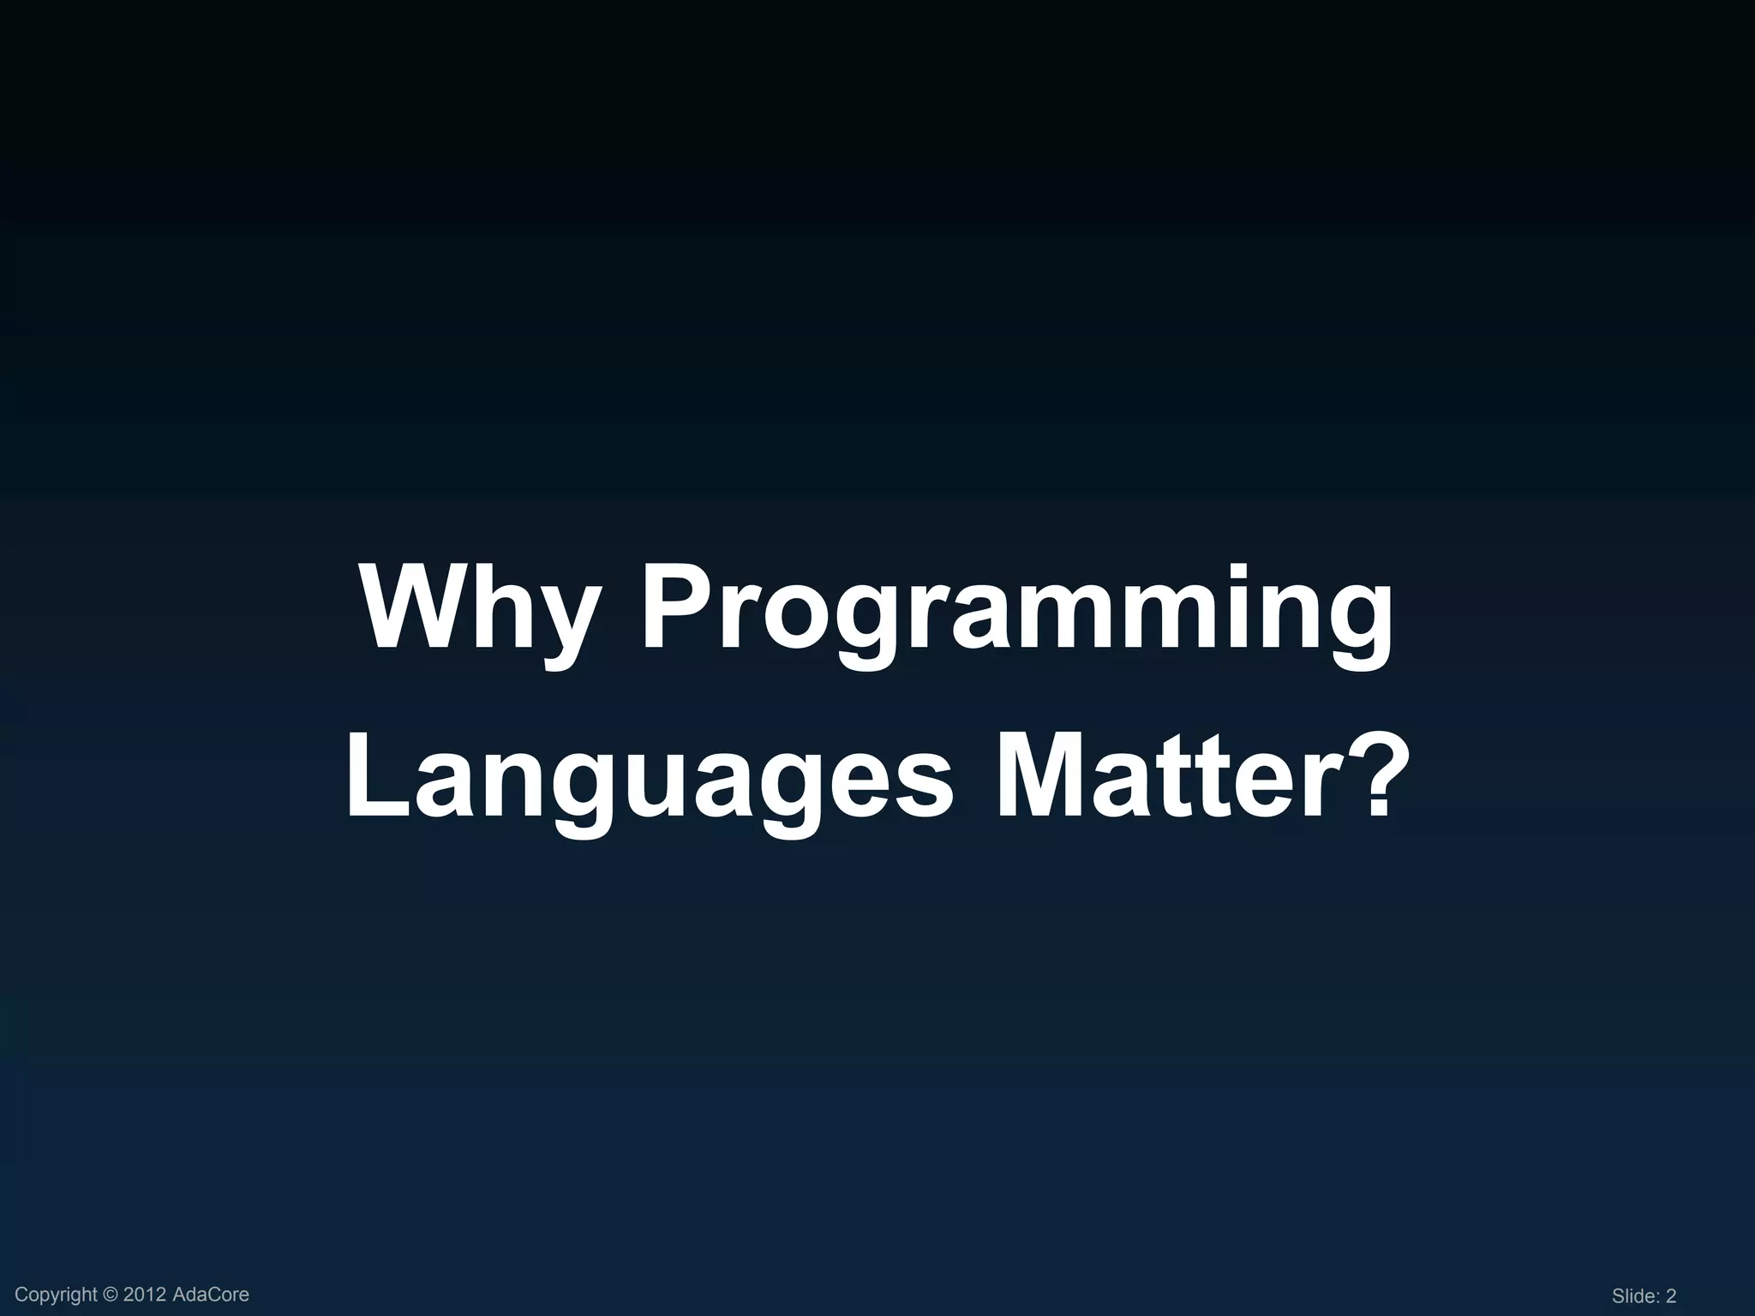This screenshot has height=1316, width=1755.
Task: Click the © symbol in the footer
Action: point(112,1295)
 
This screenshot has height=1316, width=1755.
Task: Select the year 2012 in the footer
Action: point(145,1295)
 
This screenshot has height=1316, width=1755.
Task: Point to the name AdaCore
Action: point(211,1295)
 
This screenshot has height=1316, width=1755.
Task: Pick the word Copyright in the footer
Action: point(57,1295)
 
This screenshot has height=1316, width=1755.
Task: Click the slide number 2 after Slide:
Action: point(1670,1296)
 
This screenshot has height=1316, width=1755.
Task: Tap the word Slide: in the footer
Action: point(1637,1296)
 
